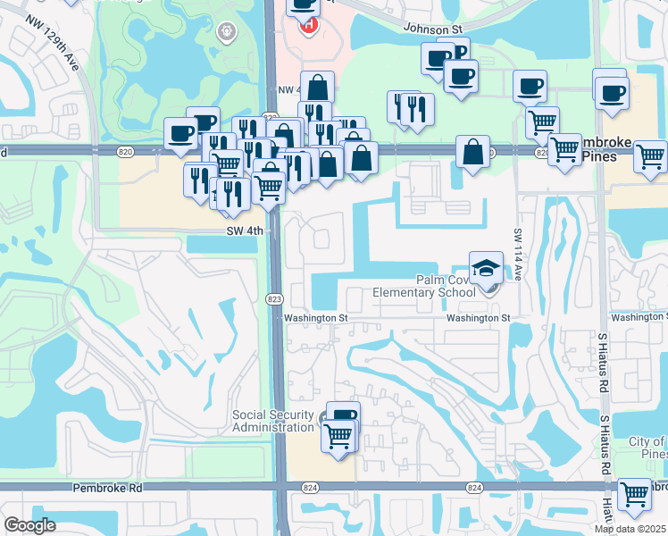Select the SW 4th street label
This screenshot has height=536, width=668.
pyautogui.click(x=244, y=230)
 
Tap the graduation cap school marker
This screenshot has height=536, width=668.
pyautogui.click(x=487, y=268)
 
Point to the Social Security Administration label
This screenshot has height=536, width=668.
pyautogui.click(x=272, y=421)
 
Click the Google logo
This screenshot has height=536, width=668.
pyautogui.click(x=30, y=525)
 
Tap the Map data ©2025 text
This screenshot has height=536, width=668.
pyautogui.click(x=630, y=529)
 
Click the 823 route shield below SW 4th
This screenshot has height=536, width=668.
pyautogui.click(x=276, y=297)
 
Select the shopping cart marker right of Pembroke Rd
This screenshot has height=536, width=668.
pyautogui.click(x=634, y=493)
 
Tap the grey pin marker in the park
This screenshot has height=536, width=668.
pyautogui.click(x=227, y=32)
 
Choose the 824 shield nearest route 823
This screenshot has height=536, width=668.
pyautogui.click(x=310, y=488)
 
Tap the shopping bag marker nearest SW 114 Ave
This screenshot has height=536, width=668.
pyautogui.click(x=472, y=152)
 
